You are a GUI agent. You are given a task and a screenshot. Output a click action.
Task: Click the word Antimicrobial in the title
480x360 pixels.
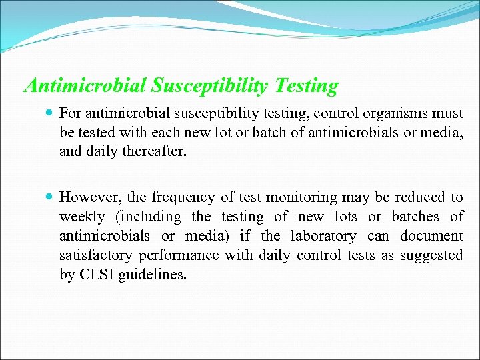point(85,86)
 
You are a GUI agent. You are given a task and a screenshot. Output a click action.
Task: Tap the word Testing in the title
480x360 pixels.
point(309,86)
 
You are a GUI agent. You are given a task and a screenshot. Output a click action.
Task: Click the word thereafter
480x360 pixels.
point(155,151)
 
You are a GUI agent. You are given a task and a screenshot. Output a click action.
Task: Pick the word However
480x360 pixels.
point(87,197)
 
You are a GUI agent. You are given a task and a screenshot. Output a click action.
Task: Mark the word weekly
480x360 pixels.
point(82,217)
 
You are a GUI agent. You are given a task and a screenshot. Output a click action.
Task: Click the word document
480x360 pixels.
point(431,236)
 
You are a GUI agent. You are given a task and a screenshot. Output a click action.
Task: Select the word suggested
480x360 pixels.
point(433,255)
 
